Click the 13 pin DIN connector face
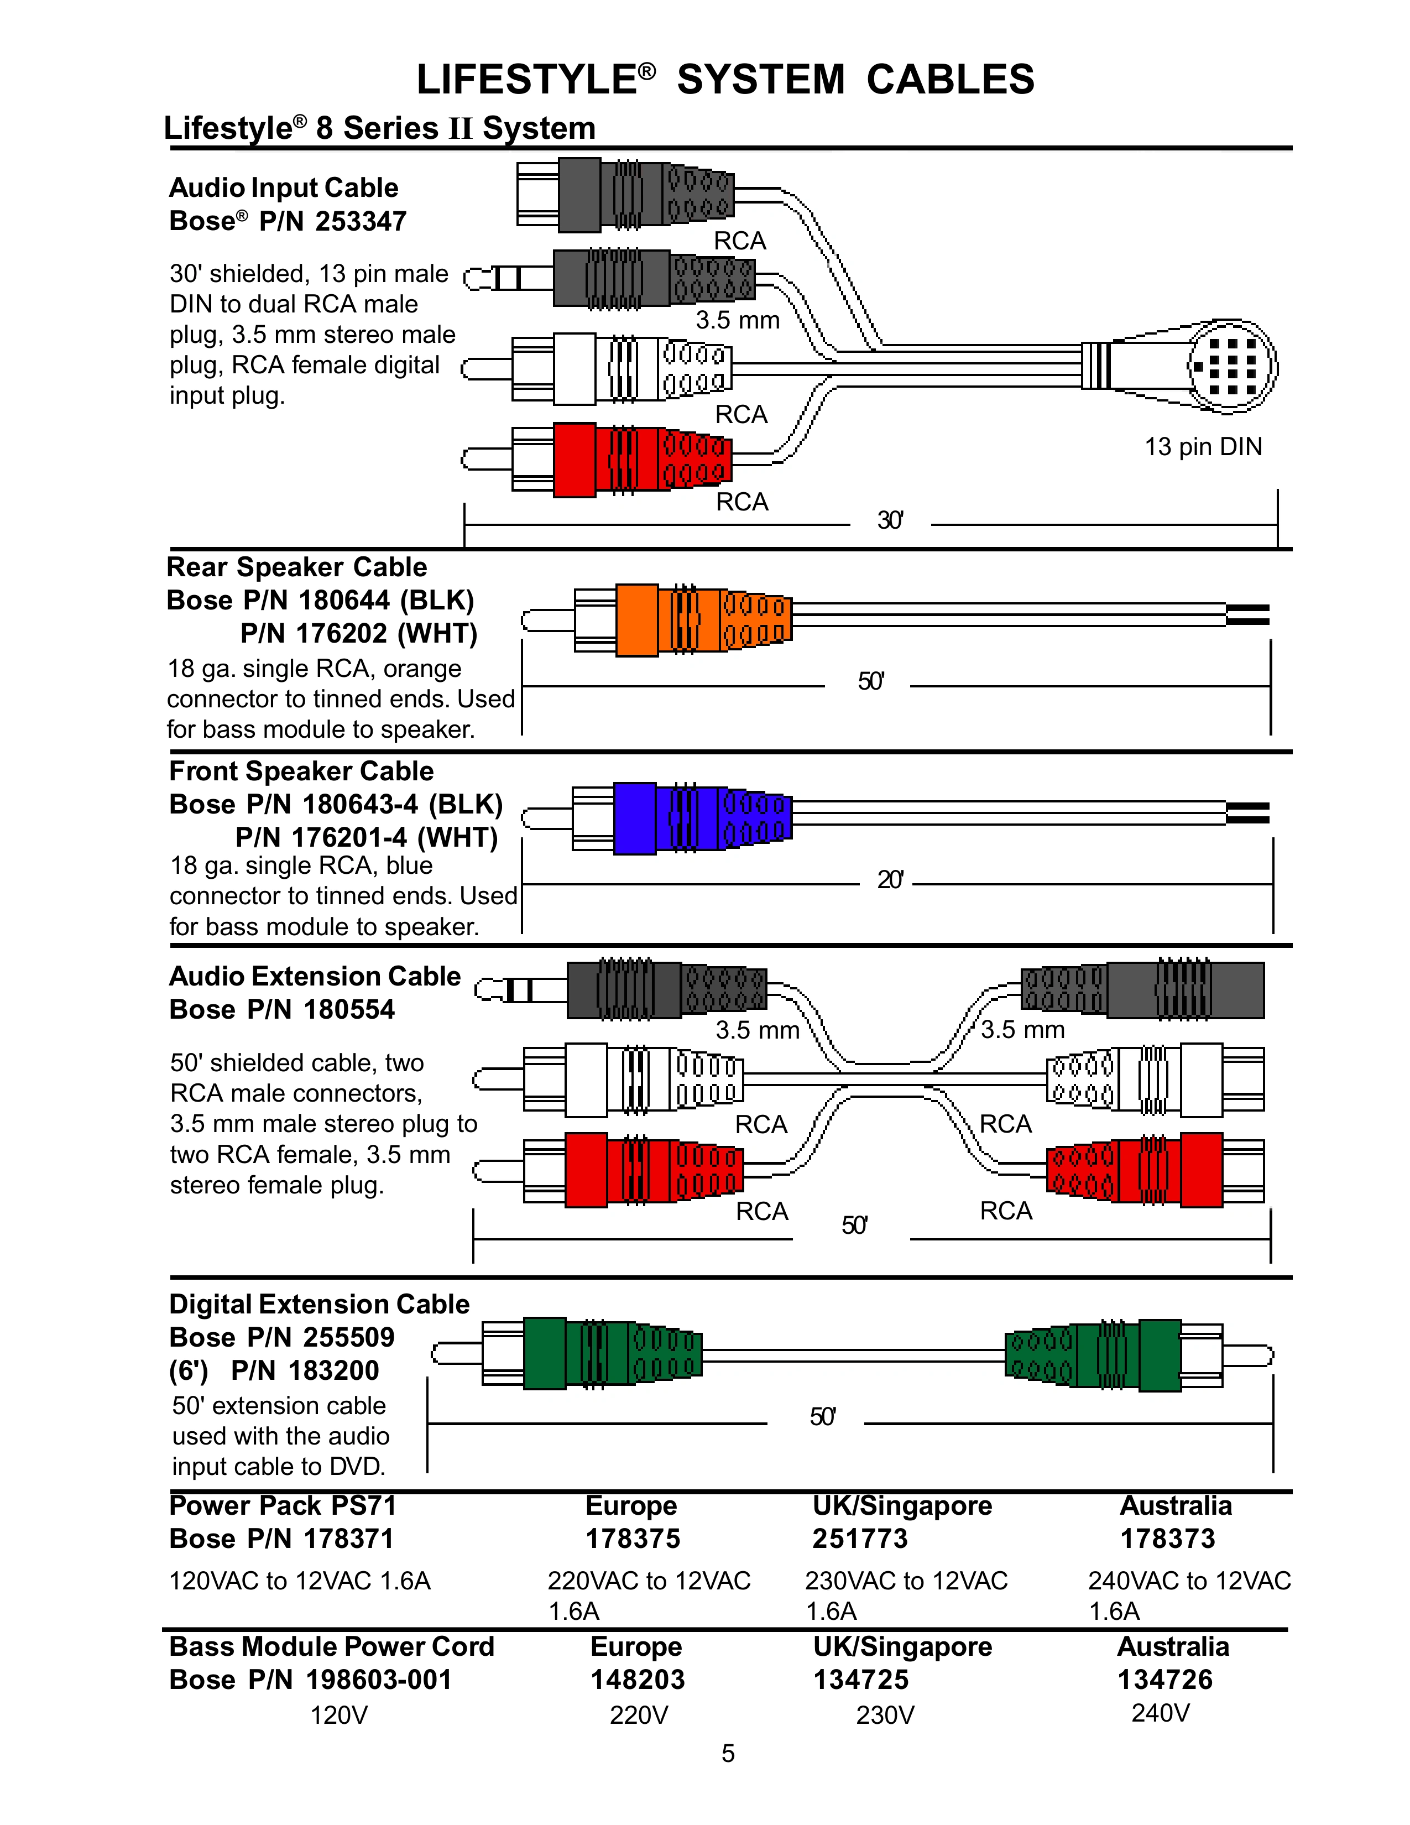1232,366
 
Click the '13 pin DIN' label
1203,447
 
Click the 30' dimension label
890,520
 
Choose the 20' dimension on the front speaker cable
890,880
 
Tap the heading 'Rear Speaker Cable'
296,567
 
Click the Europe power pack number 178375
633,1539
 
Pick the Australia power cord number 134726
1164,1680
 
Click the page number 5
728,1753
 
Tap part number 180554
349,1009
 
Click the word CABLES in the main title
951,80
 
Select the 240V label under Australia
1160,1713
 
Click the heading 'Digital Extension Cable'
319,1305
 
